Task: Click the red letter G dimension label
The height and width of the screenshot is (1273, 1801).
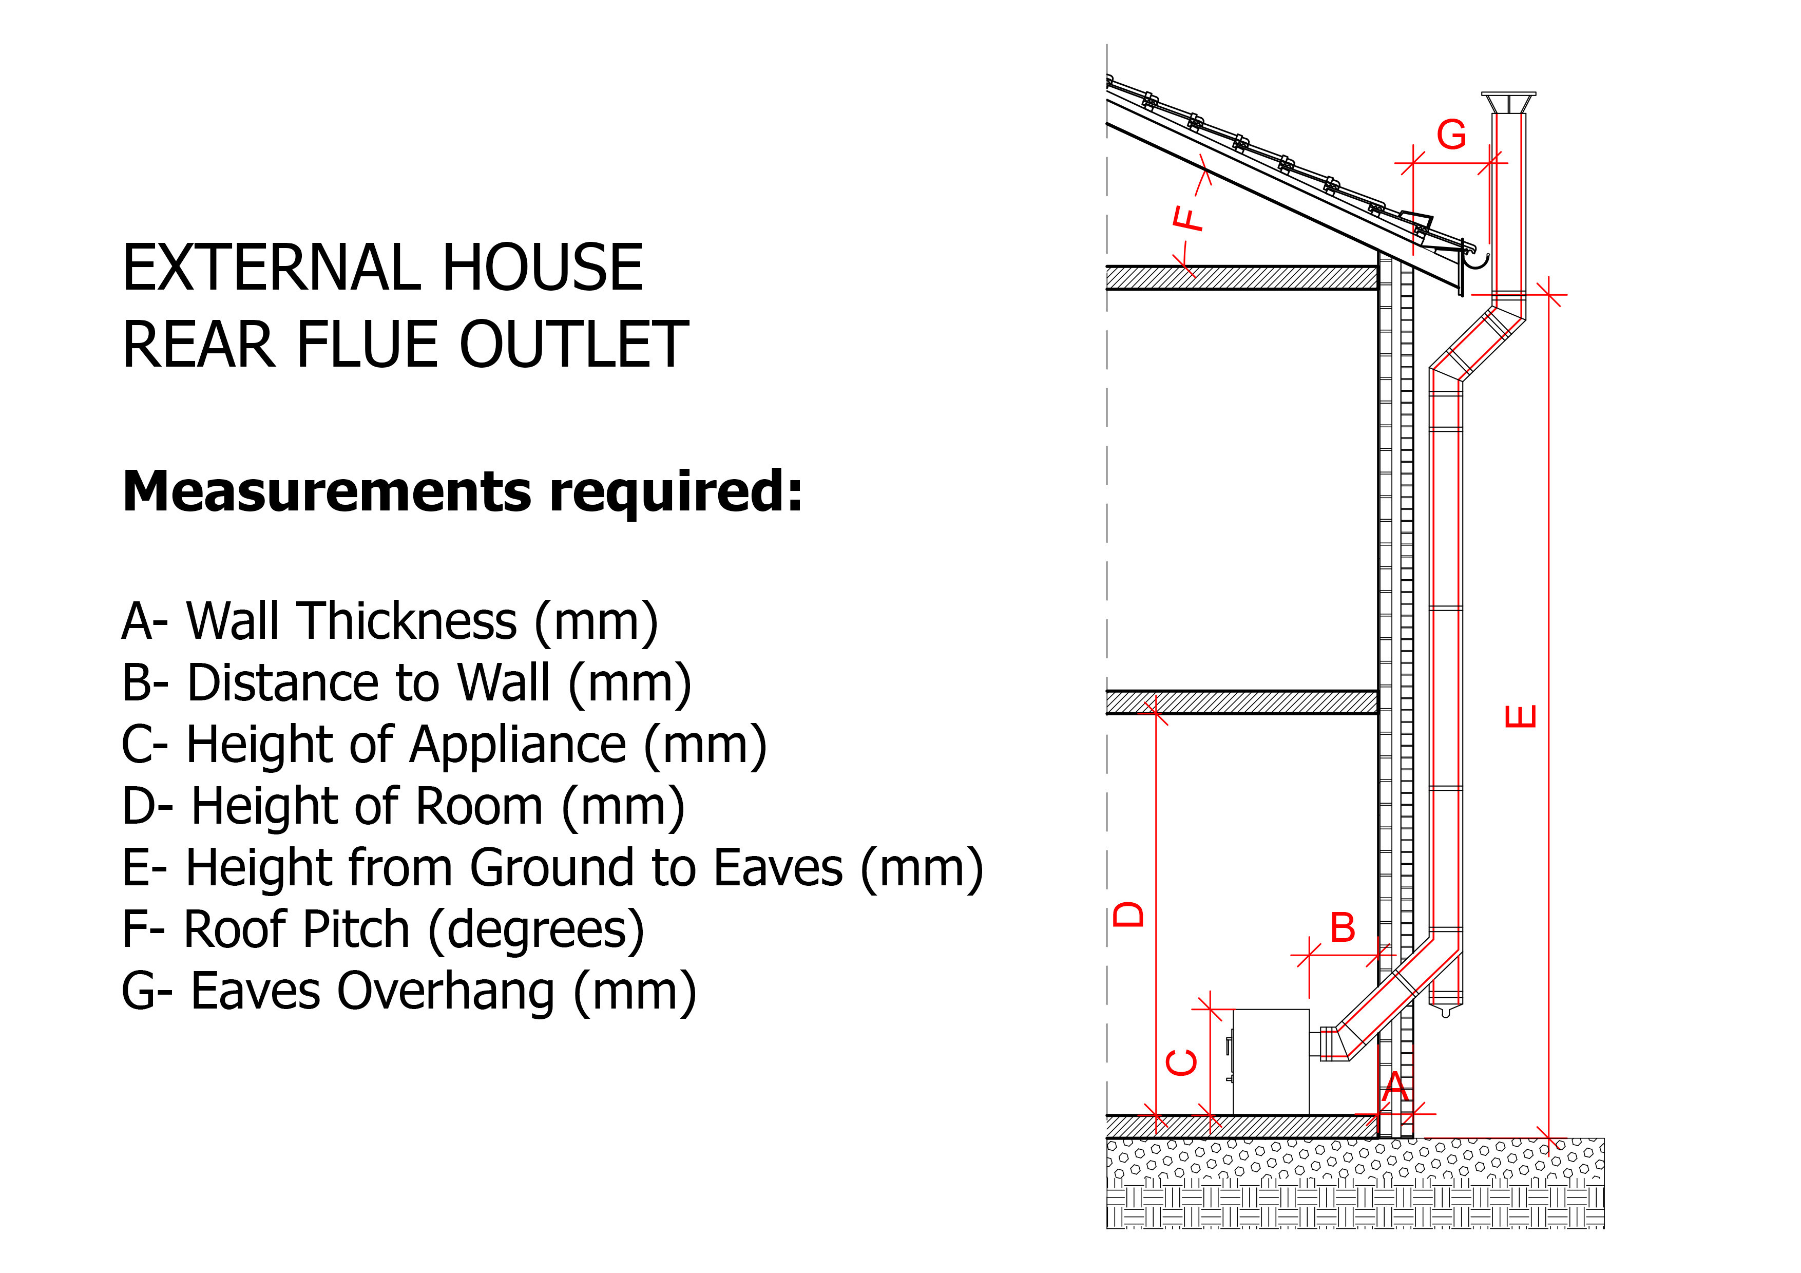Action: click(x=1451, y=135)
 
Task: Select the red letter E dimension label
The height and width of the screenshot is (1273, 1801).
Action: click(x=1521, y=716)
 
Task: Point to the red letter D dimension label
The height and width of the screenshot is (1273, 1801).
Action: click(x=1129, y=915)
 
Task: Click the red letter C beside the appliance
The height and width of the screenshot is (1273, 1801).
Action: click(x=1182, y=1063)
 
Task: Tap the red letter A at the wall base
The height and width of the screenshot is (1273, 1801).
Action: click(x=1395, y=1087)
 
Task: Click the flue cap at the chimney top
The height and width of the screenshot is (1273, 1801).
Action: click(x=1508, y=103)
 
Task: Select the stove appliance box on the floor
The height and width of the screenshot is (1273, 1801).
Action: click(x=1271, y=1062)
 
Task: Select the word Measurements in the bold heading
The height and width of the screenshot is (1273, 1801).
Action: click(x=327, y=491)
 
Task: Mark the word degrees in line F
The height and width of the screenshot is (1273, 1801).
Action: click(x=537, y=931)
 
